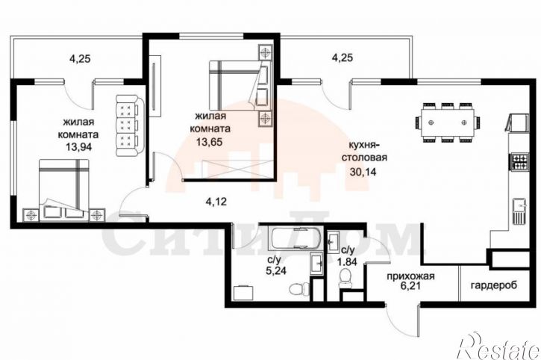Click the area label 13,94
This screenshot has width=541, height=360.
(79, 147)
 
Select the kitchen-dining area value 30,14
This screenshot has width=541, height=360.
(363, 171)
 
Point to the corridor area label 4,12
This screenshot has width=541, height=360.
(216, 202)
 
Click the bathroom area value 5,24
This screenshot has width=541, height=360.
(276, 270)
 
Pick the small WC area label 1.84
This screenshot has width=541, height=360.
(347, 261)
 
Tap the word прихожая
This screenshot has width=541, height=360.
(410, 276)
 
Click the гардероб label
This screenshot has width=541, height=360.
(494, 286)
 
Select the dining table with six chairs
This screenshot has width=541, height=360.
(448, 122)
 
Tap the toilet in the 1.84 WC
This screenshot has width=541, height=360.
(345, 279)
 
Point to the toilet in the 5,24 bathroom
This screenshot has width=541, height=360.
(299, 288)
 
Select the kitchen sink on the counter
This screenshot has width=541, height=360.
(519, 211)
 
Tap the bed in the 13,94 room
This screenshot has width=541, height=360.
(64, 190)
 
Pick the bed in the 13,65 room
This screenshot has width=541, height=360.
(239, 85)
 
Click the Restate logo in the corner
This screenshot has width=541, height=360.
(498, 346)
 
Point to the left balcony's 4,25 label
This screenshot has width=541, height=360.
(80, 59)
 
